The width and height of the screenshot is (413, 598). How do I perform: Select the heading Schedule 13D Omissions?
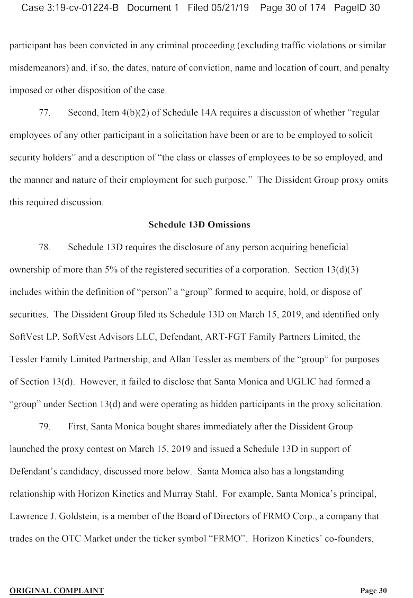pos(199,225)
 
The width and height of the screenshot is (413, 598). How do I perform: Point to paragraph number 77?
pos(44,113)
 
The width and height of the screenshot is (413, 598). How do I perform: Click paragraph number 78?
pos(44,248)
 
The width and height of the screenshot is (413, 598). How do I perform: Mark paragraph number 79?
pos(44,427)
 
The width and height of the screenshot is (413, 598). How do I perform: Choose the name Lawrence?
pos(28,516)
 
